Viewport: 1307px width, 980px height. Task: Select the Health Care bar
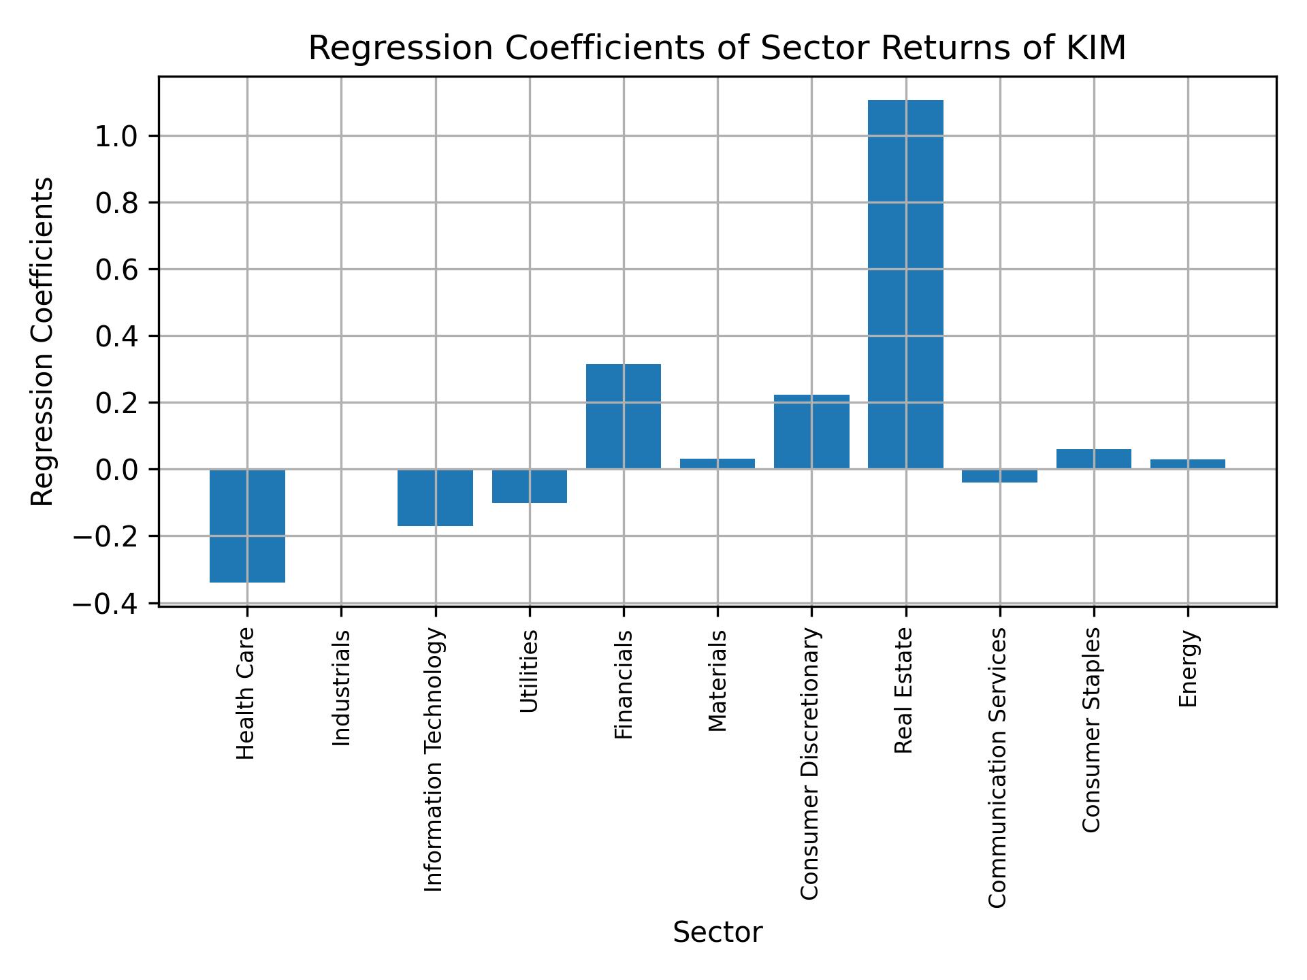click(247, 525)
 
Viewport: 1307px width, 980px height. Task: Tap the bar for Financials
click(623, 416)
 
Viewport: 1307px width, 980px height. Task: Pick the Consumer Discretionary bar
click(811, 431)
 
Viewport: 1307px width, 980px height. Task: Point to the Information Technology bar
click(435, 497)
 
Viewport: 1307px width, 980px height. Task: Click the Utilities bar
click(529, 486)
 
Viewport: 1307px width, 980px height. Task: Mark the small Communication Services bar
click(999, 476)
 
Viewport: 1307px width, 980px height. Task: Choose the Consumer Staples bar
click(1093, 459)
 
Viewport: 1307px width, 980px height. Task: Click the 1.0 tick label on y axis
click(116, 137)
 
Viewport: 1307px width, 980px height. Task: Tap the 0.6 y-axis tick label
click(116, 270)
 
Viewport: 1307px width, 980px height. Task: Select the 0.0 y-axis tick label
click(116, 470)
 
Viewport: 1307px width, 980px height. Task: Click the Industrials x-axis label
click(342, 688)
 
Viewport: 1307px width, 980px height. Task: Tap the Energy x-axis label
click(1188, 668)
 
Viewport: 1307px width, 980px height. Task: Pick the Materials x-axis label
click(717, 681)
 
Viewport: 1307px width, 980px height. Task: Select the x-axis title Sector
click(717, 932)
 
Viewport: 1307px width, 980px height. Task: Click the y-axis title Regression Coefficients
click(42, 341)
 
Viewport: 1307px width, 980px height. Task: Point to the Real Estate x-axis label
click(903, 690)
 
